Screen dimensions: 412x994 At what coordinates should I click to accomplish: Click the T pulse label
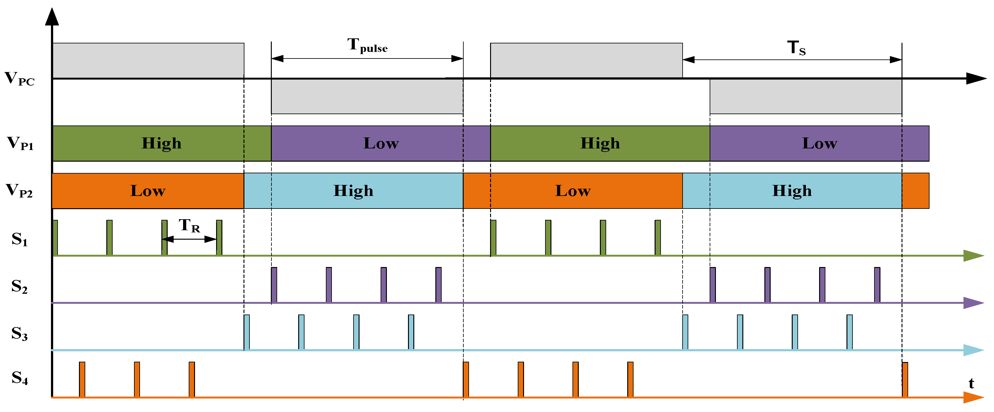[367, 46]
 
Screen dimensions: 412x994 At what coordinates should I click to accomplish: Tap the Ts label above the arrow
[796, 48]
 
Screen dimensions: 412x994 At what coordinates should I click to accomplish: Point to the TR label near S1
[189, 226]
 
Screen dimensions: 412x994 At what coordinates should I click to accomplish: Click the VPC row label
[19, 79]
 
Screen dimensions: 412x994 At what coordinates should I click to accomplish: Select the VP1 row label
[20, 143]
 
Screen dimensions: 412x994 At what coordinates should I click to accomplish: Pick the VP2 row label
[19, 191]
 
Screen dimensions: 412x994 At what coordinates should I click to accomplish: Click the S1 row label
[19, 239]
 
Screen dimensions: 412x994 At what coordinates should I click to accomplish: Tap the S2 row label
[19, 287]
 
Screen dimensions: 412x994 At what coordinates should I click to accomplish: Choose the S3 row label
[19, 334]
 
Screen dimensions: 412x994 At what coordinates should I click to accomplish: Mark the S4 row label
[19, 378]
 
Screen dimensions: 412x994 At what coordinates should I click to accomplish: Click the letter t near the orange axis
[971, 384]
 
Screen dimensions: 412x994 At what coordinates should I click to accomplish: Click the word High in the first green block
[161, 143]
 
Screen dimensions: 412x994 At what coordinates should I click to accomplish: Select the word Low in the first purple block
[381, 143]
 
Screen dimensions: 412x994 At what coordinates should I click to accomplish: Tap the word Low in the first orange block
[148, 191]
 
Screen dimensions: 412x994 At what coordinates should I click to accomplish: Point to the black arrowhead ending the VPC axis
[975, 78]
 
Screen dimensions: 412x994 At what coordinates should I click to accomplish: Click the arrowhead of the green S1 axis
[973, 255]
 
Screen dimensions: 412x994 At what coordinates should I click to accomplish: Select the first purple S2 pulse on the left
[274, 285]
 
